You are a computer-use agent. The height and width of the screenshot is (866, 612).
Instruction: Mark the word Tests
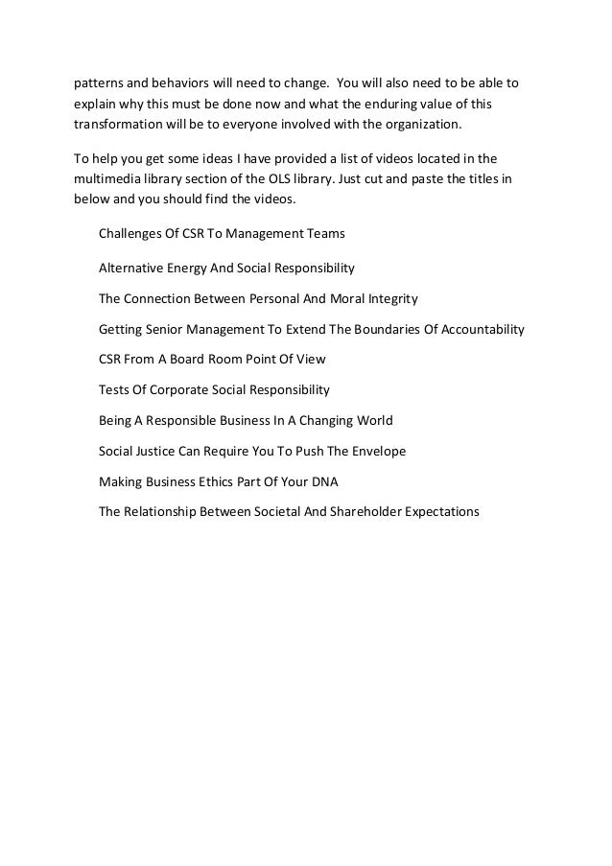pos(116,390)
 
